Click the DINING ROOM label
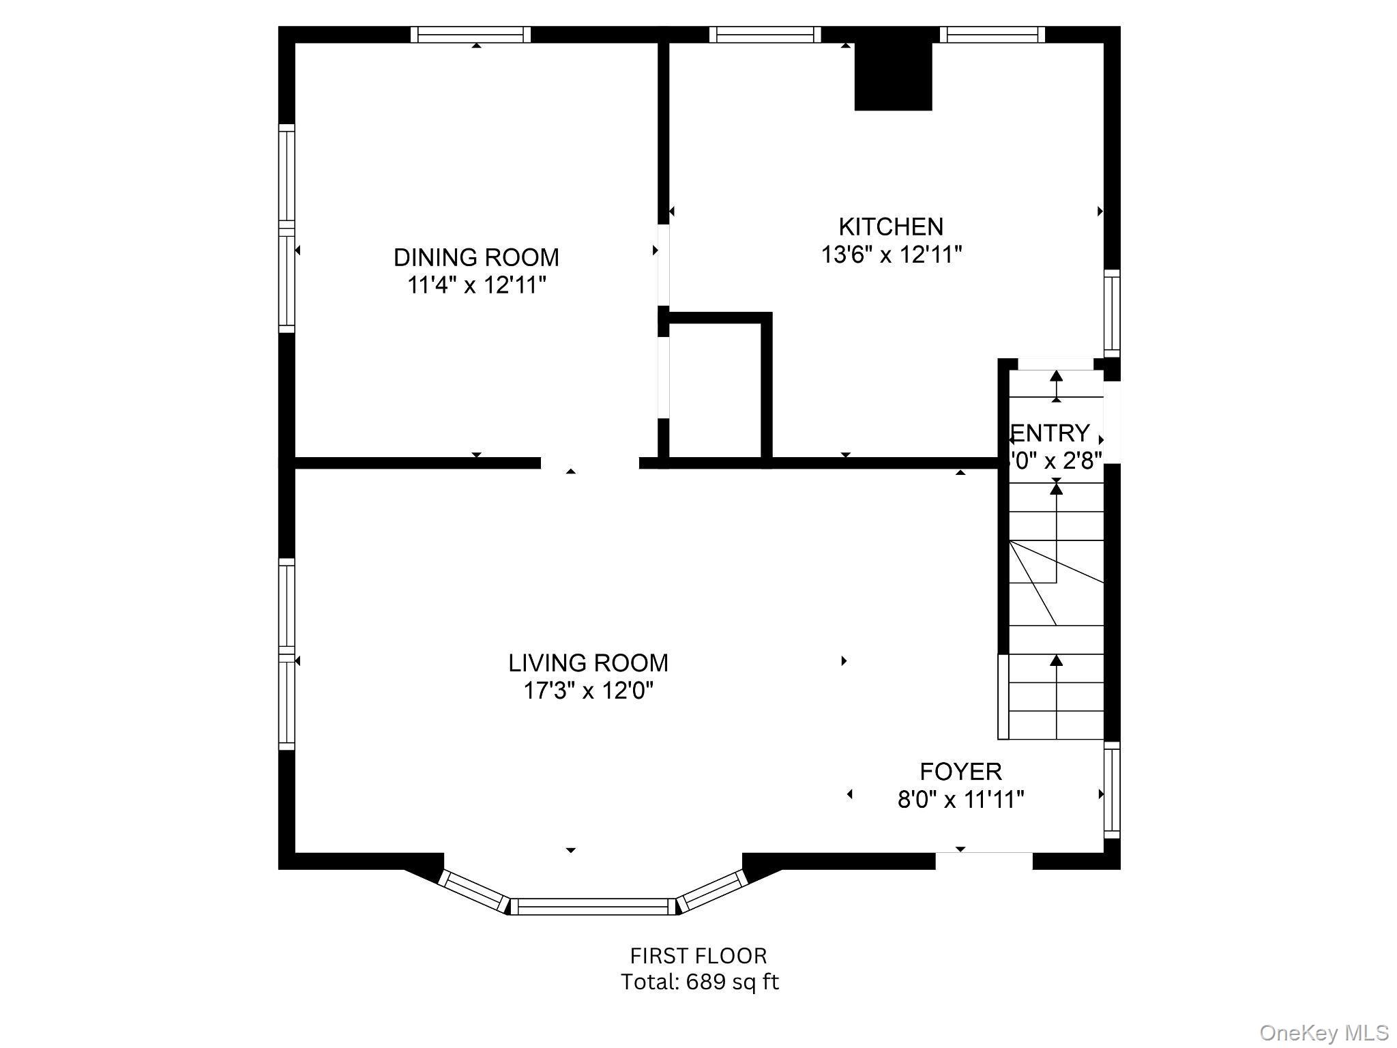pyautogui.click(x=476, y=257)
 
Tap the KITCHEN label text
pyautogui.click(x=891, y=227)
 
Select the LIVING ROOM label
pyautogui.click(x=588, y=663)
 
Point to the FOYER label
pyautogui.click(x=960, y=772)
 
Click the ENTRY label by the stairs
pyautogui.click(x=1050, y=433)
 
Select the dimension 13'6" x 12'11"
pyautogui.click(x=891, y=255)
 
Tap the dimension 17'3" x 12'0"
pyautogui.click(x=588, y=691)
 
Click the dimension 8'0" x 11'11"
pyautogui.click(x=960, y=799)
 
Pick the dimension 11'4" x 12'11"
pyautogui.click(x=476, y=285)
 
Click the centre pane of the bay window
pyautogui.click(x=593, y=906)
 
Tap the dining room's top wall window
pyautogui.click(x=471, y=34)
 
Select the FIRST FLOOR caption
pyautogui.click(x=698, y=955)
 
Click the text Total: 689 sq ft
pyautogui.click(x=699, y=982)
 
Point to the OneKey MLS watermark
pyautogui.click(x=1323, y=1033)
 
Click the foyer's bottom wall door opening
pyautogui.click(x=983, y=861)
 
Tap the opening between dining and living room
pyautogui.click(x=590, y=463)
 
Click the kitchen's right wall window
pyautogui.click(x=1112, y=313)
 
